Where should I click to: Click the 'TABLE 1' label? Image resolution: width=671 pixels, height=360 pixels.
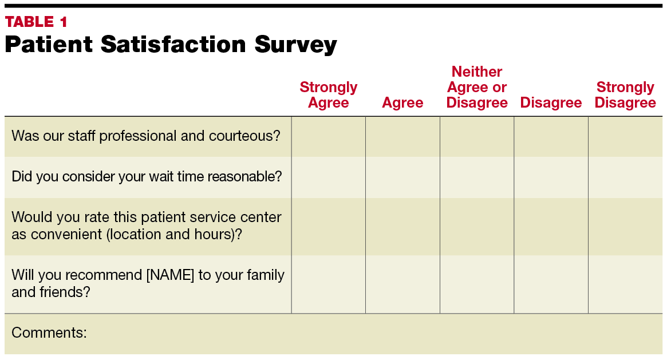click(36, 21)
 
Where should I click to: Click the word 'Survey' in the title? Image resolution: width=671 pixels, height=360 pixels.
click(295, 45)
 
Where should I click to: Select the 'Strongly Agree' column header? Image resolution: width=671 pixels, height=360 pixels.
click(328, 94)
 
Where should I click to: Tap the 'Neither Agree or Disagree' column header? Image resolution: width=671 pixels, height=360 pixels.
click(477, 87)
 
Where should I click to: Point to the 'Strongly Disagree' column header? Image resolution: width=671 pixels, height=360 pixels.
click(625, 94)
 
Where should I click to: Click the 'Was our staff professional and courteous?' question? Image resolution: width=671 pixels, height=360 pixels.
click(146, 136)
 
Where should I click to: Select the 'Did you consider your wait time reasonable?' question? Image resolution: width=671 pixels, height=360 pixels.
click(147, 176)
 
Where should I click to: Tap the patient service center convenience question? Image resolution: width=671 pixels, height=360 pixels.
click(147, 226)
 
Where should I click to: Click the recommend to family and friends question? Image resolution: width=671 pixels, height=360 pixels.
click(148, 283)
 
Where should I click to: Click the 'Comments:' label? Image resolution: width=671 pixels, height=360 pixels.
click(49, 333)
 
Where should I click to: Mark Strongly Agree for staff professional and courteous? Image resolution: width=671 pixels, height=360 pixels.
click(328, 136)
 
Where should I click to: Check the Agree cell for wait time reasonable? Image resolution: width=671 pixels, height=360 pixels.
click(402, 177)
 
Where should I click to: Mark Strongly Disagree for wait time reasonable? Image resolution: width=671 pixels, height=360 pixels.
click(625, 177)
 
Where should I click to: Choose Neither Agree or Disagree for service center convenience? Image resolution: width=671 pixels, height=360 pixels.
click(477, 227)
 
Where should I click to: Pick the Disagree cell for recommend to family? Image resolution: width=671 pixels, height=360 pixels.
click(551, 284)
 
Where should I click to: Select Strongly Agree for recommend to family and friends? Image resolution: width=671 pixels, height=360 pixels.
click(328, 284)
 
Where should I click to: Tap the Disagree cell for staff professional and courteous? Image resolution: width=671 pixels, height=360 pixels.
click(551, 136)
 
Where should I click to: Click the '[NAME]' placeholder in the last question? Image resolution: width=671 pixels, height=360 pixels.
click(170, 275)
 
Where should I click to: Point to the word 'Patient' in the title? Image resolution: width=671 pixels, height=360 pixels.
click(49, 44)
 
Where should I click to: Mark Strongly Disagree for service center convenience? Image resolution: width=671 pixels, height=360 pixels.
click(625, 227)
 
